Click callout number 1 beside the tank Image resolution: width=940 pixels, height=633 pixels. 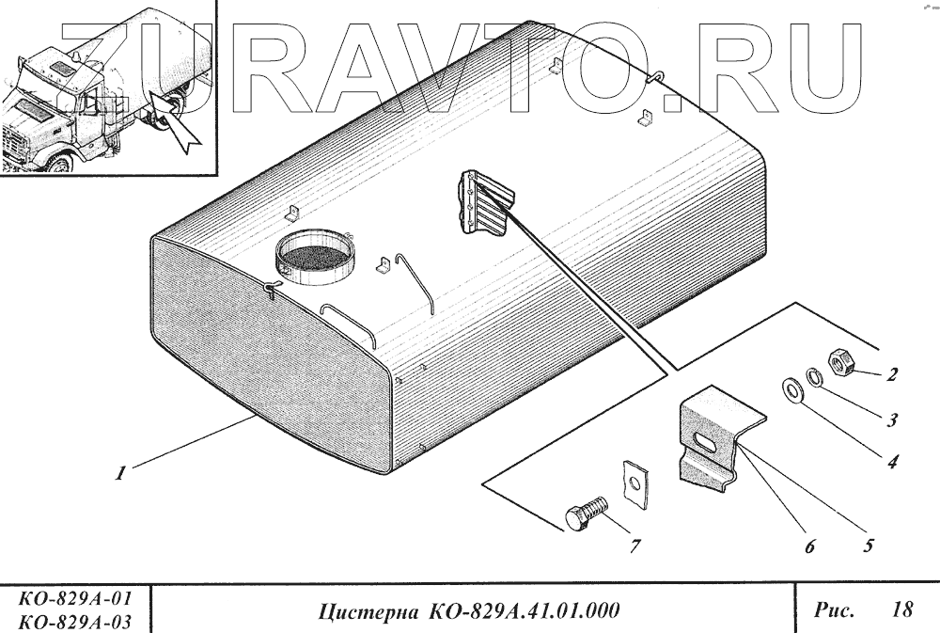tap(120, 475)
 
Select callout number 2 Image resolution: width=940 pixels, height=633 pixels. tap(891, 375)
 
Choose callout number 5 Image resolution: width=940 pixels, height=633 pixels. tap(869, 544)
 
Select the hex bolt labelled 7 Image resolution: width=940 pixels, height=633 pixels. tap(585, 516)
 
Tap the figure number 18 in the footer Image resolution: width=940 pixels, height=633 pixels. tap(901, 609)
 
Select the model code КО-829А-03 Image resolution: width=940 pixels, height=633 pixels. tap(74, 621)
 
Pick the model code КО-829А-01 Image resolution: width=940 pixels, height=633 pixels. tap(74, 599)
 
